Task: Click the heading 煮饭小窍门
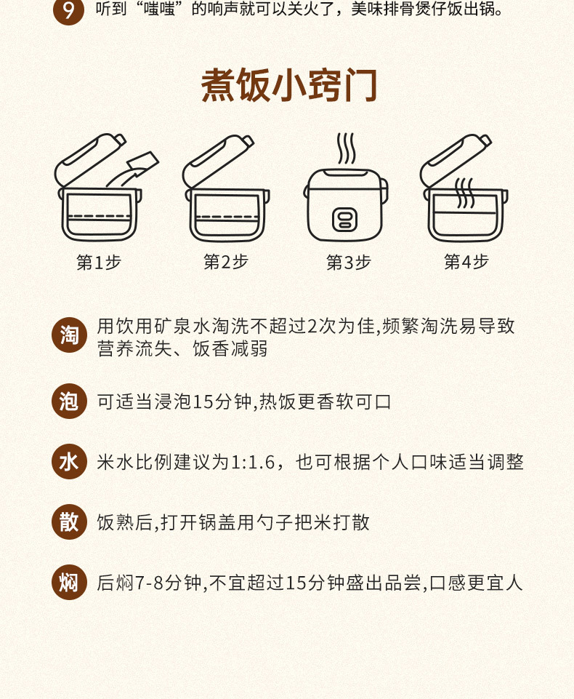[x=289, y=85]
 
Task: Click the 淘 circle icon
[x=69, y=335]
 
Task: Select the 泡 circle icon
[x=69, y=401]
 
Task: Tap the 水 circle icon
[x=69, y=461]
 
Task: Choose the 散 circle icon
[x=69, y=522]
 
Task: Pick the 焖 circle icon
[x=69, y=582]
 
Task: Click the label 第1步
[x=99, y=262]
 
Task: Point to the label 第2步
[x=226, y=262]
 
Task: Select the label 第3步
[x=349, y=262]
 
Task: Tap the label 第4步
[x=466, y=262]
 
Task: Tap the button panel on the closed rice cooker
[x=344, y=220]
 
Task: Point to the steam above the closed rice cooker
[x=346, y=148]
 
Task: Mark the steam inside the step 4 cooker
[x=464, y=193]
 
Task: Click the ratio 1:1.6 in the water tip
[x=253, y=463]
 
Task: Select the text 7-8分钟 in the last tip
[x=169, y=583]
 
